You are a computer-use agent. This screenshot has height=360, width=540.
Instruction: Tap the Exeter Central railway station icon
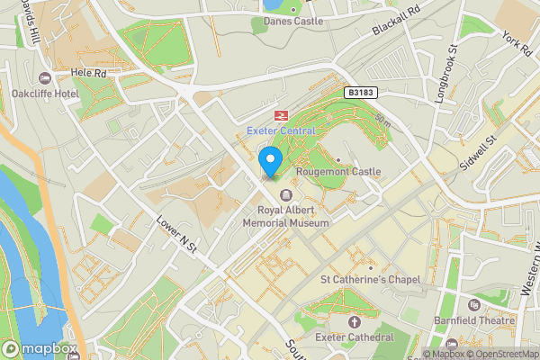point(280,115)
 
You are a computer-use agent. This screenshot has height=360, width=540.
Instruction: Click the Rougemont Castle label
point(346,171)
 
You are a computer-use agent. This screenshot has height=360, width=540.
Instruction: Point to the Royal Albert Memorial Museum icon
point(286,195)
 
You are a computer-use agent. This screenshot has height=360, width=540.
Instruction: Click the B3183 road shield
point(359,92)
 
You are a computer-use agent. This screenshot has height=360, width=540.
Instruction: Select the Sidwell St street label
point(480,155)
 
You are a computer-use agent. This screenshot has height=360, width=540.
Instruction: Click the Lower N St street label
point(177,234)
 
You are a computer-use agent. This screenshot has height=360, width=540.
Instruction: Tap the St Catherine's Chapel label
point(370,280)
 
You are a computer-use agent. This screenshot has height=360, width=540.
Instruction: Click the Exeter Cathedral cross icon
point(354,321)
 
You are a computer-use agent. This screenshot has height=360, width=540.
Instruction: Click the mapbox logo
point(39,348)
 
